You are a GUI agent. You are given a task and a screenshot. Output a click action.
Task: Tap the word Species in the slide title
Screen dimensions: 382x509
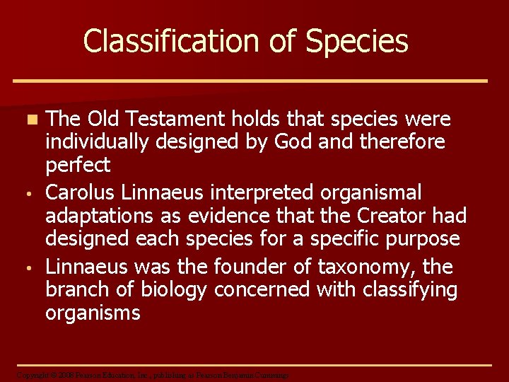(357, 41)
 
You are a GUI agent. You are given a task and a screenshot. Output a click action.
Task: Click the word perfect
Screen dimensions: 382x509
(78, 166)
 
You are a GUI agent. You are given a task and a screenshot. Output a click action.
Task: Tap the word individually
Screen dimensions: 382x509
(98, 142)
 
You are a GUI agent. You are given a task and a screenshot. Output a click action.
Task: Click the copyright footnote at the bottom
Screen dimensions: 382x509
(153, 375)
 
